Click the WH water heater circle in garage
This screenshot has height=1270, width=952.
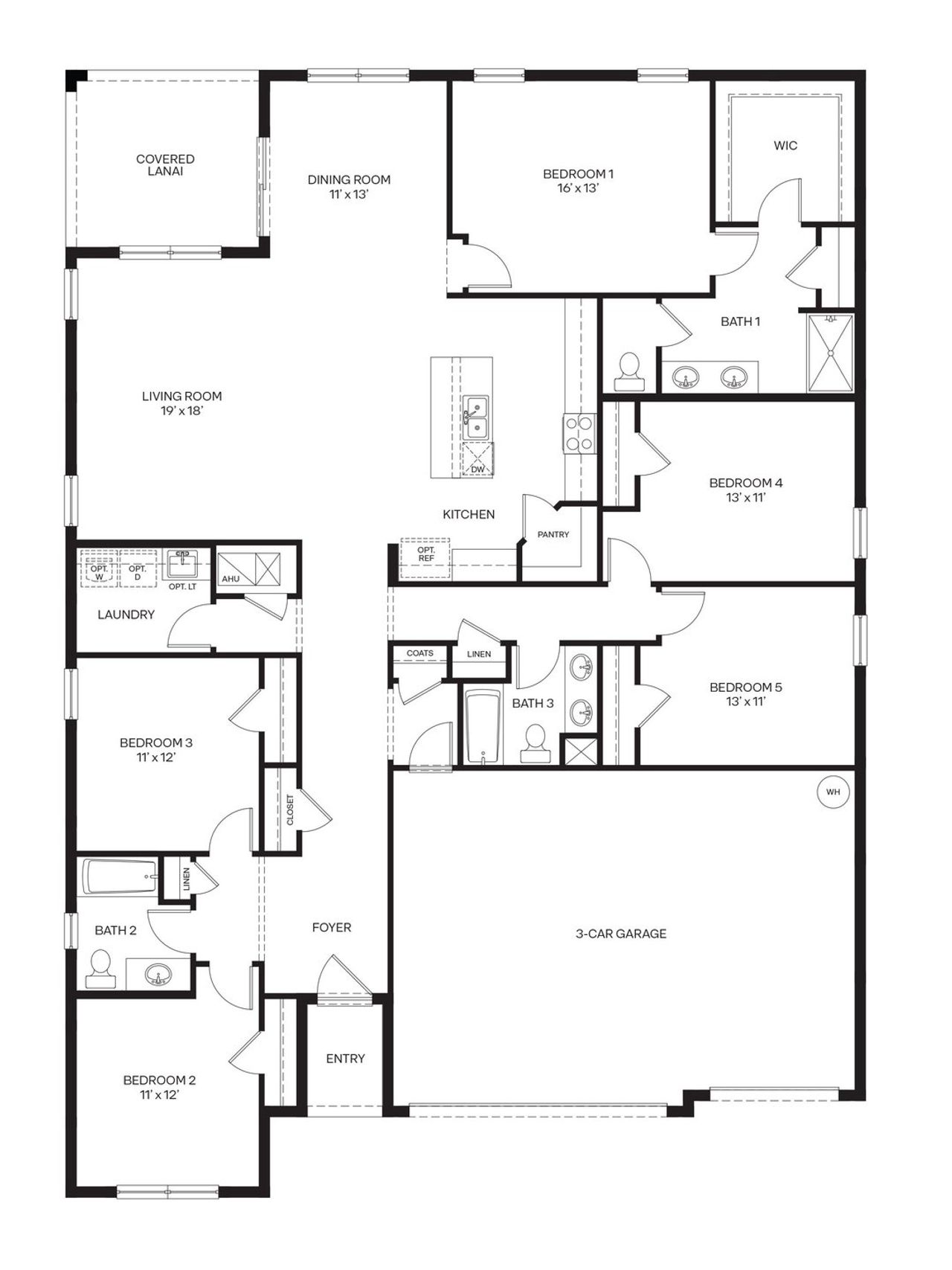pyautogui.click(x=832, y=792)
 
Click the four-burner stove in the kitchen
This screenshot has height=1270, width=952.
pyautogui.click(x=578, y=433)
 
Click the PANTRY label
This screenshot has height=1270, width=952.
pyautogui.click(x=553, y=534)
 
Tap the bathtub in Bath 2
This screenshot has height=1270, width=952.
pyautogui.click(x=119, y=876)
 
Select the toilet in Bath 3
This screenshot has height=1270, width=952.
pyautogui.click(x=535, y=744)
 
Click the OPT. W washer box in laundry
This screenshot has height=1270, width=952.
pyautogui.click(x=99, y=569)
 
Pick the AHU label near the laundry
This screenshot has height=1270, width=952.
pyautogui.click(x=231, y=578)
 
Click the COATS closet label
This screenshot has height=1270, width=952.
pyautogui.click(x=419, y=653)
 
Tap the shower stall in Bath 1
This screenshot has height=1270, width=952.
pyautogui.click(x=830, y=353)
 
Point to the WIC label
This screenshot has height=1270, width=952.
pyautogui.click(x=785, y=146)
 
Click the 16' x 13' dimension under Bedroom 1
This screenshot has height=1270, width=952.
pyautogui.click(x=578, y=188)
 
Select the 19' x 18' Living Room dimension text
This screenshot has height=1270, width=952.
pyautogui.click(x=181, y=411)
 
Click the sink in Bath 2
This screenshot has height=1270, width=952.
pyautogui.click(x=158, y=973)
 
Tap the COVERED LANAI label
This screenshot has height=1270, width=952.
pyautogui.click(x=165, y=164)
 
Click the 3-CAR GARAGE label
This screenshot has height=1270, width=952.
pyautogui.click(x=621, y=934)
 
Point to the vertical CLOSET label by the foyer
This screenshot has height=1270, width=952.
pyautogui.click(x=290, y=809)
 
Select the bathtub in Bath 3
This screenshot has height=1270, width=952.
pyautogui.click(x=483, y=726)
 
